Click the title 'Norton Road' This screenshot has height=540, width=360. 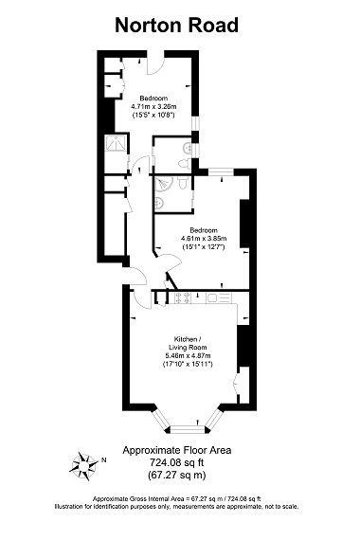click(176, 26)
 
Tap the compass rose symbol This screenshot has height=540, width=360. click(84, 465)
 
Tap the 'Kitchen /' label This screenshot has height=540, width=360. click(187, 339)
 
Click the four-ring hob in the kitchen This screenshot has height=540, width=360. click(184, 297)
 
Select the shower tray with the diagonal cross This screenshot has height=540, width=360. click(115, 145)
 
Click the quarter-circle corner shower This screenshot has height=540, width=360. click(162, 181)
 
